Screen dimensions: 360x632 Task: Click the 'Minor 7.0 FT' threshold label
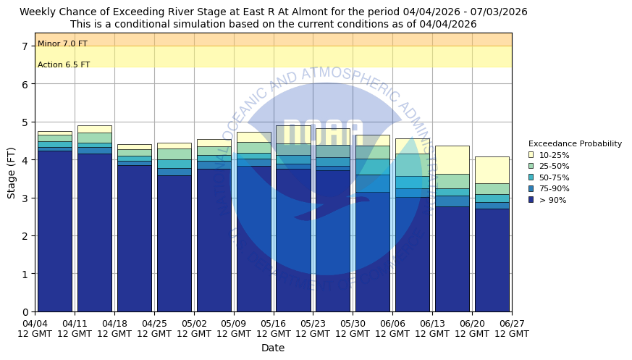click(x=62, y=44)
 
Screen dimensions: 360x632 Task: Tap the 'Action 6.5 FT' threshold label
click(x=64, y=65)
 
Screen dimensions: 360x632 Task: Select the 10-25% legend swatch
click(x=531, y=155)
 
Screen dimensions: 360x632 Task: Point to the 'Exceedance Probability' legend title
click(x=575, y=143)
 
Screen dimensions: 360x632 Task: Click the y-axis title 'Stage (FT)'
click(x=12, y=172)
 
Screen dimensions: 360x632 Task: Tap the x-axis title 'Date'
click(x=273, y=348)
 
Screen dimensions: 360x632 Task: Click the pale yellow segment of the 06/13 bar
click(x=452, y=159)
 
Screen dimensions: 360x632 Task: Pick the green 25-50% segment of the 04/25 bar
click(x=174, y=154)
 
